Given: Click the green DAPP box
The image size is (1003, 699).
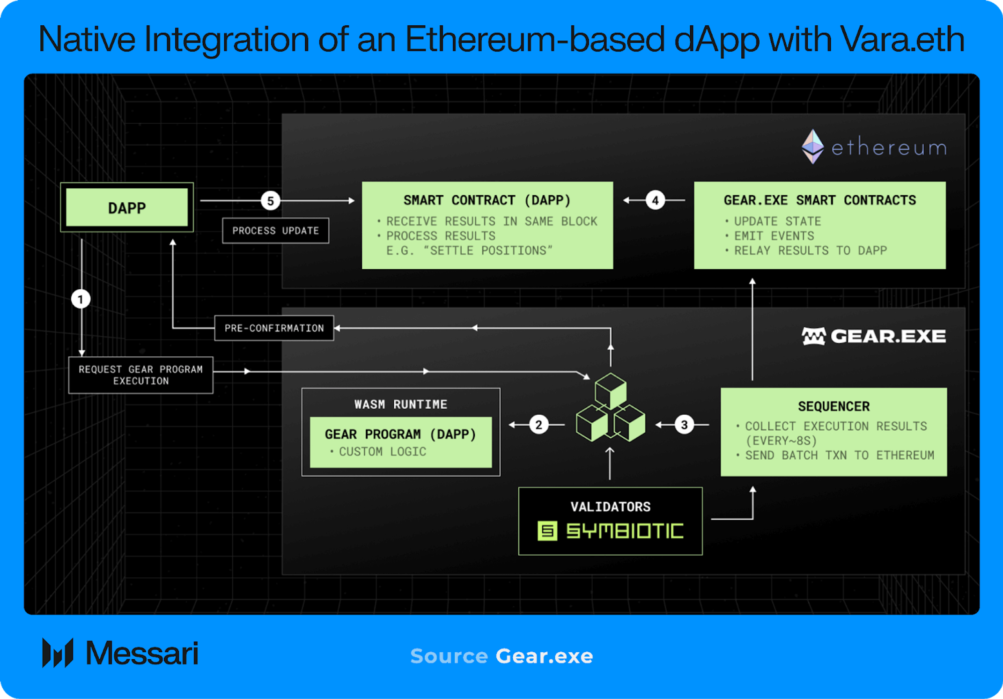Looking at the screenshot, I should click(126, 207).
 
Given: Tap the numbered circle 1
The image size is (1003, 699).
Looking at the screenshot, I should click(81, 299).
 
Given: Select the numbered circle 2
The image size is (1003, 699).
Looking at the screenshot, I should click(538, 425).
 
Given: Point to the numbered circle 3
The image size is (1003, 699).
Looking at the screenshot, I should click(684, 425).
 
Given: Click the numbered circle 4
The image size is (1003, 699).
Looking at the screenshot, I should click(655, 200).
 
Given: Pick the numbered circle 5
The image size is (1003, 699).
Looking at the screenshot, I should click(270, 201).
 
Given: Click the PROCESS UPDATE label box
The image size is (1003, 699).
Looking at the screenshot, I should click(275, 230).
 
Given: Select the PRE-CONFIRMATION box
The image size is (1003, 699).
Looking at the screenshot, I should click(274, 328).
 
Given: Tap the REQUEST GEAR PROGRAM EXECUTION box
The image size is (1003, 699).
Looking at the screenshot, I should click(140, 375).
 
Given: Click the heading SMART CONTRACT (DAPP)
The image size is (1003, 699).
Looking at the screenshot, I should click(487, 200).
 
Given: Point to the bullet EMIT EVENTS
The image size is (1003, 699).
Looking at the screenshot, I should click(774, 236).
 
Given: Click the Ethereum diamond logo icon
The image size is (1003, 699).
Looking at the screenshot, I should click(812, 147).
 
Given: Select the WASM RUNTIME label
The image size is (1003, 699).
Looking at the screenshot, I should click(400, 404).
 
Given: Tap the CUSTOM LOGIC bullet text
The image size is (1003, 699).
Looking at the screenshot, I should click(382, 452).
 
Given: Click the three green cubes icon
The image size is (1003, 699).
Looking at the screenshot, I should click(611, 408).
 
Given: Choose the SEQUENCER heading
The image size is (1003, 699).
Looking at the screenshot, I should click(833, 406).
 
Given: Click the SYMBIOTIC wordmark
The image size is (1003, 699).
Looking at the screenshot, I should click(625, 531).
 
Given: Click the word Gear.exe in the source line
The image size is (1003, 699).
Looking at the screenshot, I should click(544, 656).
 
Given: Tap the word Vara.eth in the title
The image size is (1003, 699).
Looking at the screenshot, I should click(902, 39).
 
